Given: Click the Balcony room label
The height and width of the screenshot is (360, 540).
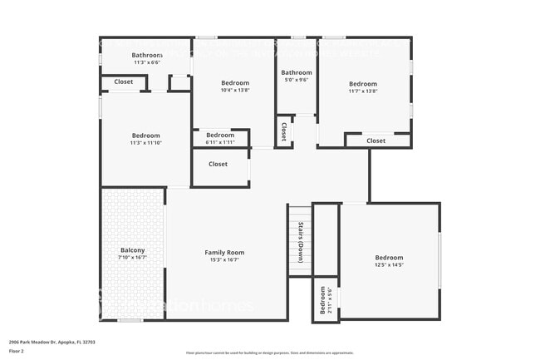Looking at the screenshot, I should coord(133,250).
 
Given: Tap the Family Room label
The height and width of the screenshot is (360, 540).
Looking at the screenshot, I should coord(224,252).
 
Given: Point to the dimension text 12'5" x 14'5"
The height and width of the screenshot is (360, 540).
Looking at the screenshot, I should coord(389,265).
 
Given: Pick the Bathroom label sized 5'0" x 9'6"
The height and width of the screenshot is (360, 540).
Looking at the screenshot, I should coord(296,72).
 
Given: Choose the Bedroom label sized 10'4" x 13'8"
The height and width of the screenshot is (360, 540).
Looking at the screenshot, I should coord(235,83).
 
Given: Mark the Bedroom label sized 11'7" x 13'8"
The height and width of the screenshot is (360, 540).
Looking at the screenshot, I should coord(363,84).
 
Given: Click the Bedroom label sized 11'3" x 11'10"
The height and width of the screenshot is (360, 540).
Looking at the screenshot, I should coord(145,136).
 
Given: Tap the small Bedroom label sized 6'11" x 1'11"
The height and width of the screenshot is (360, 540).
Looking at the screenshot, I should coord(220,135).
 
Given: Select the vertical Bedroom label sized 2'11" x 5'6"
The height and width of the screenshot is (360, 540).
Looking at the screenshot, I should coord(323,305).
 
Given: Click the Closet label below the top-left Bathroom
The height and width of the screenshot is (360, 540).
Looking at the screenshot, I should coord(123,81).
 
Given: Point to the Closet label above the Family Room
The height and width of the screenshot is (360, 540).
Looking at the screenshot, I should coord(218,164).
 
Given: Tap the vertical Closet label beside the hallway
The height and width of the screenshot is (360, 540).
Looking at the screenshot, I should coord(283,131).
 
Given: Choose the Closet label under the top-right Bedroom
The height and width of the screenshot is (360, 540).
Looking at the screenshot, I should coord(376,141).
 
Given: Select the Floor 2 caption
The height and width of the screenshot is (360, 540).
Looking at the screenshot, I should coord(17,351).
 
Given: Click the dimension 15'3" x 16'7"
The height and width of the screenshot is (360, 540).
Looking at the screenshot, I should coord(224,259).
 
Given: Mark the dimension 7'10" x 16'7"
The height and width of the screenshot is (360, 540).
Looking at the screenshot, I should coord(133,258).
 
